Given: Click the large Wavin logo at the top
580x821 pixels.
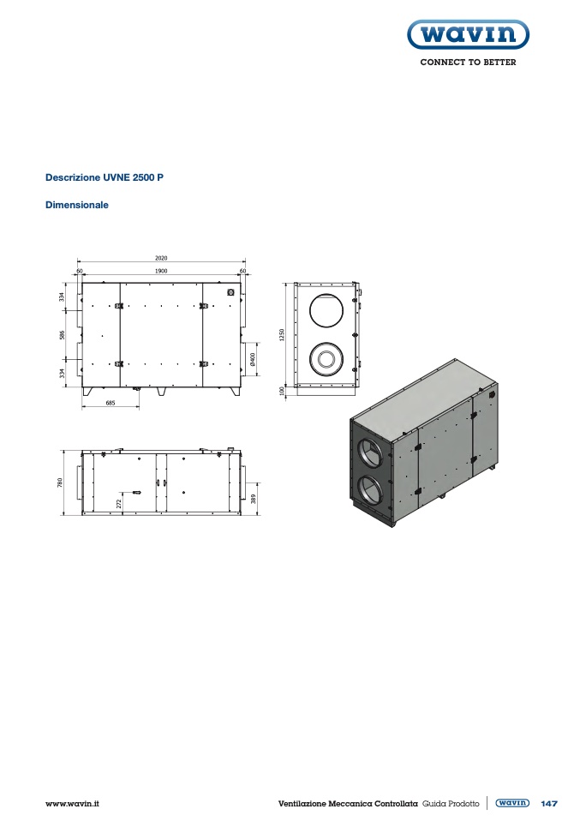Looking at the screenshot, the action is (x=468, y=34).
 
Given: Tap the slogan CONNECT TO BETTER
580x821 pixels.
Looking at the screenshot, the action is (x=468, y=63).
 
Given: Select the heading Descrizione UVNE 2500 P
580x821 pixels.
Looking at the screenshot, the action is (x=105, y=177).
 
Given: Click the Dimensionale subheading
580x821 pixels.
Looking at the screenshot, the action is (x=77, y=205).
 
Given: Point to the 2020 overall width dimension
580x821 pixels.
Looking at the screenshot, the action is (x=161, y=258).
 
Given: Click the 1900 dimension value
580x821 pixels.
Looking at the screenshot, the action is (x=161, y=271).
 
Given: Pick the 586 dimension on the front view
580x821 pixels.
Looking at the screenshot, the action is (x=63, y=334).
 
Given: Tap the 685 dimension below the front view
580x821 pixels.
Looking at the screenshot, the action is (x=111, y=403).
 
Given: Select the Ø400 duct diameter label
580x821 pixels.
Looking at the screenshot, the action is (x=253, y=359).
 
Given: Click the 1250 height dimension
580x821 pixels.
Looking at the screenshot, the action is (x=282, y=335).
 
